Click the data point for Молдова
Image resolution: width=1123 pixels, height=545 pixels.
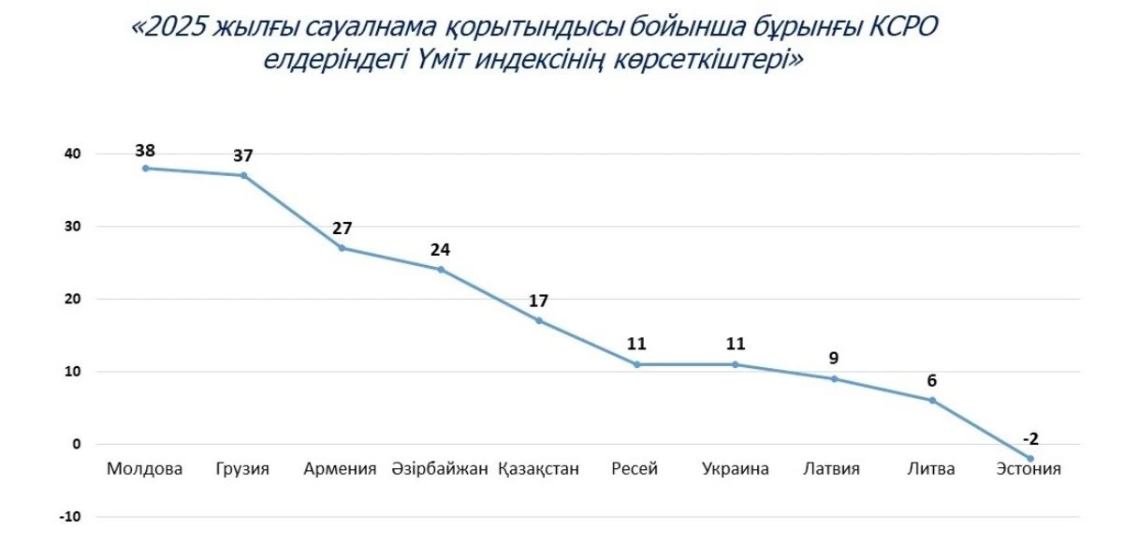point(145,169)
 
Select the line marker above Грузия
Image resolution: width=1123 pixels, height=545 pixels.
point(243,175)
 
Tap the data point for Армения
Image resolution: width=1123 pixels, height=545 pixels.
point(342,248)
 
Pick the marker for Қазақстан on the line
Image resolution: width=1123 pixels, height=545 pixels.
point(538,320)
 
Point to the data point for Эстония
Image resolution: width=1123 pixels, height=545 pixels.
point(1030,459)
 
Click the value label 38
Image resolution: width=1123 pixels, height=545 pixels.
point(145,149)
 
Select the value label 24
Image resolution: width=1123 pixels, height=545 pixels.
point(440,250)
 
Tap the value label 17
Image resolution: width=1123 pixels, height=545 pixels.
point(538,301)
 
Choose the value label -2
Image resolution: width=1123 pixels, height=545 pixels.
point(1030,438)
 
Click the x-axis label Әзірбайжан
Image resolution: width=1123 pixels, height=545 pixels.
point(440,469)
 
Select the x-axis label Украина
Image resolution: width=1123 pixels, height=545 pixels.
point(736,469)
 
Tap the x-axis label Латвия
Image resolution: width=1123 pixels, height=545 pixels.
point(832,469)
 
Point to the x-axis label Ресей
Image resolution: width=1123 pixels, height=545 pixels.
point(635,469)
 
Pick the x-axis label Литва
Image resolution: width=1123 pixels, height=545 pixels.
point(931,469)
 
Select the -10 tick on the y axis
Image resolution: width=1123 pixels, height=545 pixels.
point(71,517)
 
